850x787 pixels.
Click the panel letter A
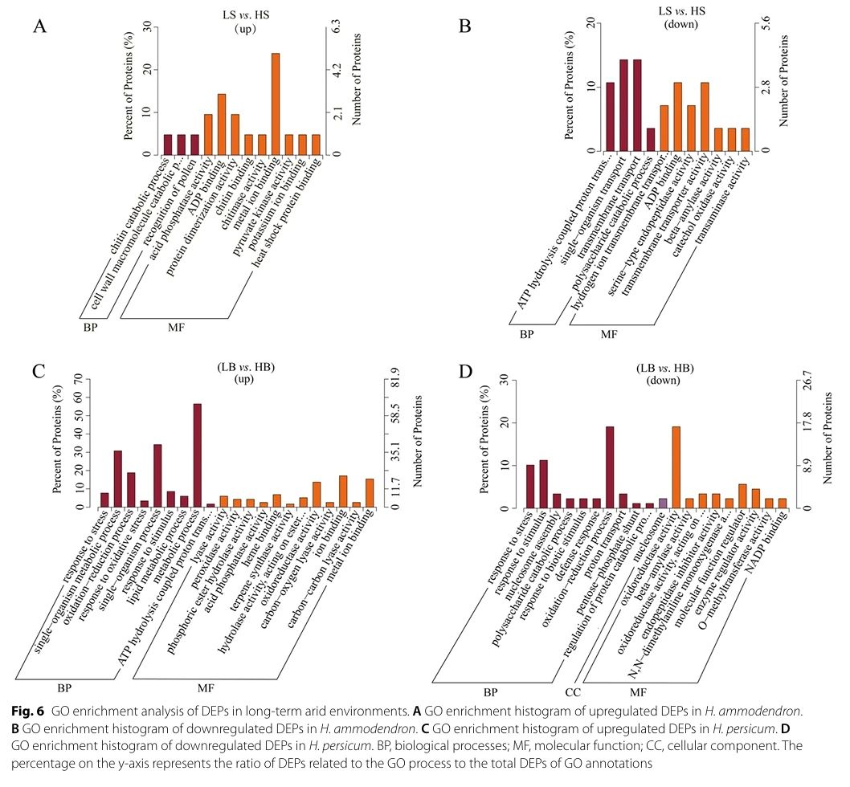(x=39, y=26)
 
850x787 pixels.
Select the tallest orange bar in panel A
(x=275, y=104)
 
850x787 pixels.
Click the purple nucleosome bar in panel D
(x=662, y=503)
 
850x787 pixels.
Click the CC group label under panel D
(x=573, y=691)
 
